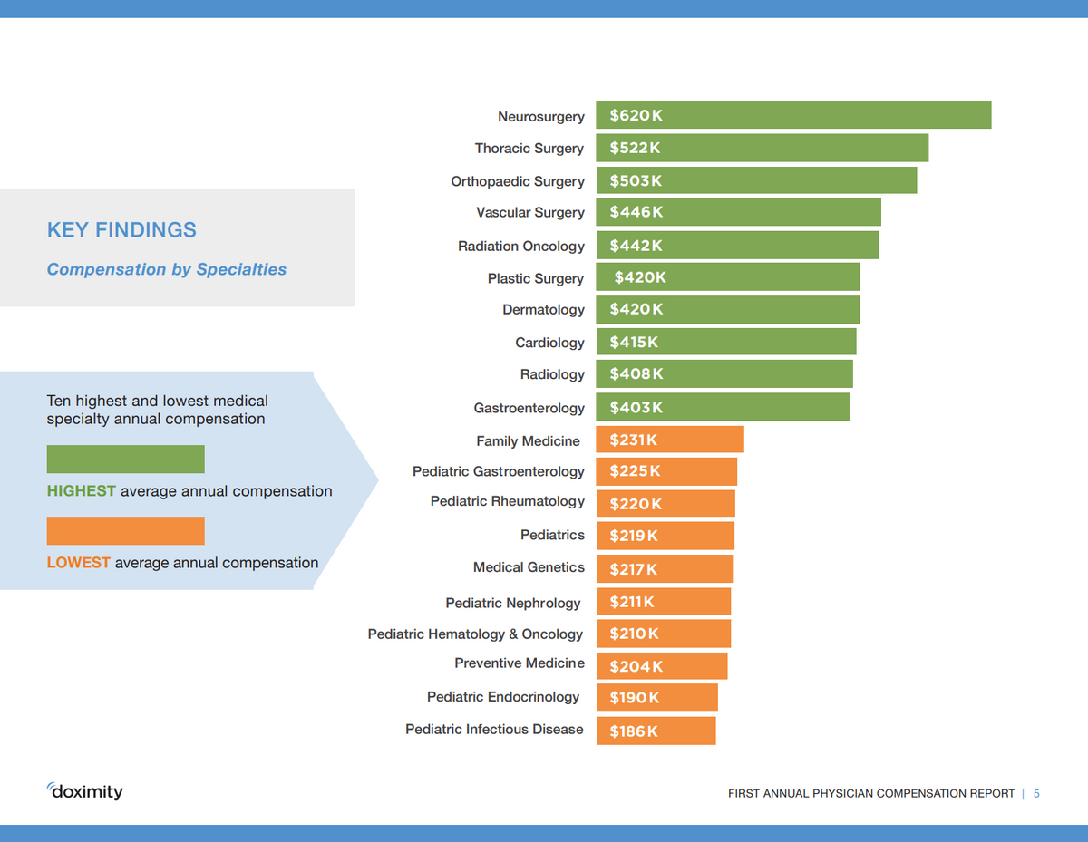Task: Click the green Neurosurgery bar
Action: click(793, 115)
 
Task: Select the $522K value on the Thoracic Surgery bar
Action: click(635, 148)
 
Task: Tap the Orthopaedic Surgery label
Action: click(518, 181)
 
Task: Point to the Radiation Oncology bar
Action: click(737, 246)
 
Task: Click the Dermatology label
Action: click(543, 310)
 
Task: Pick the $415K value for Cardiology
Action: click(634, 342)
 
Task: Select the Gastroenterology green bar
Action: click(723, 407)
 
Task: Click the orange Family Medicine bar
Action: click(670, 440)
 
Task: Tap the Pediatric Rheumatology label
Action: click(507, 501)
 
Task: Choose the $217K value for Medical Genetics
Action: click(633, 569)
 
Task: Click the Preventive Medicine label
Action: click(520, 663)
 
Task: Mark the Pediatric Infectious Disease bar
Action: click(656, 731)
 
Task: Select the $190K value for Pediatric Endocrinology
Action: click(634, 697)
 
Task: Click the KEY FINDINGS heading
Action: click(121, 230)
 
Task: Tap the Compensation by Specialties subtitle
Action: click(166, 269)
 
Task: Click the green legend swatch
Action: click(125, 459)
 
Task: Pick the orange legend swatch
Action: click(125, 530)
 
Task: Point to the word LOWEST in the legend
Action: click(78, 563)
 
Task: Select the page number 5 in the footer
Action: click(1036, 794)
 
